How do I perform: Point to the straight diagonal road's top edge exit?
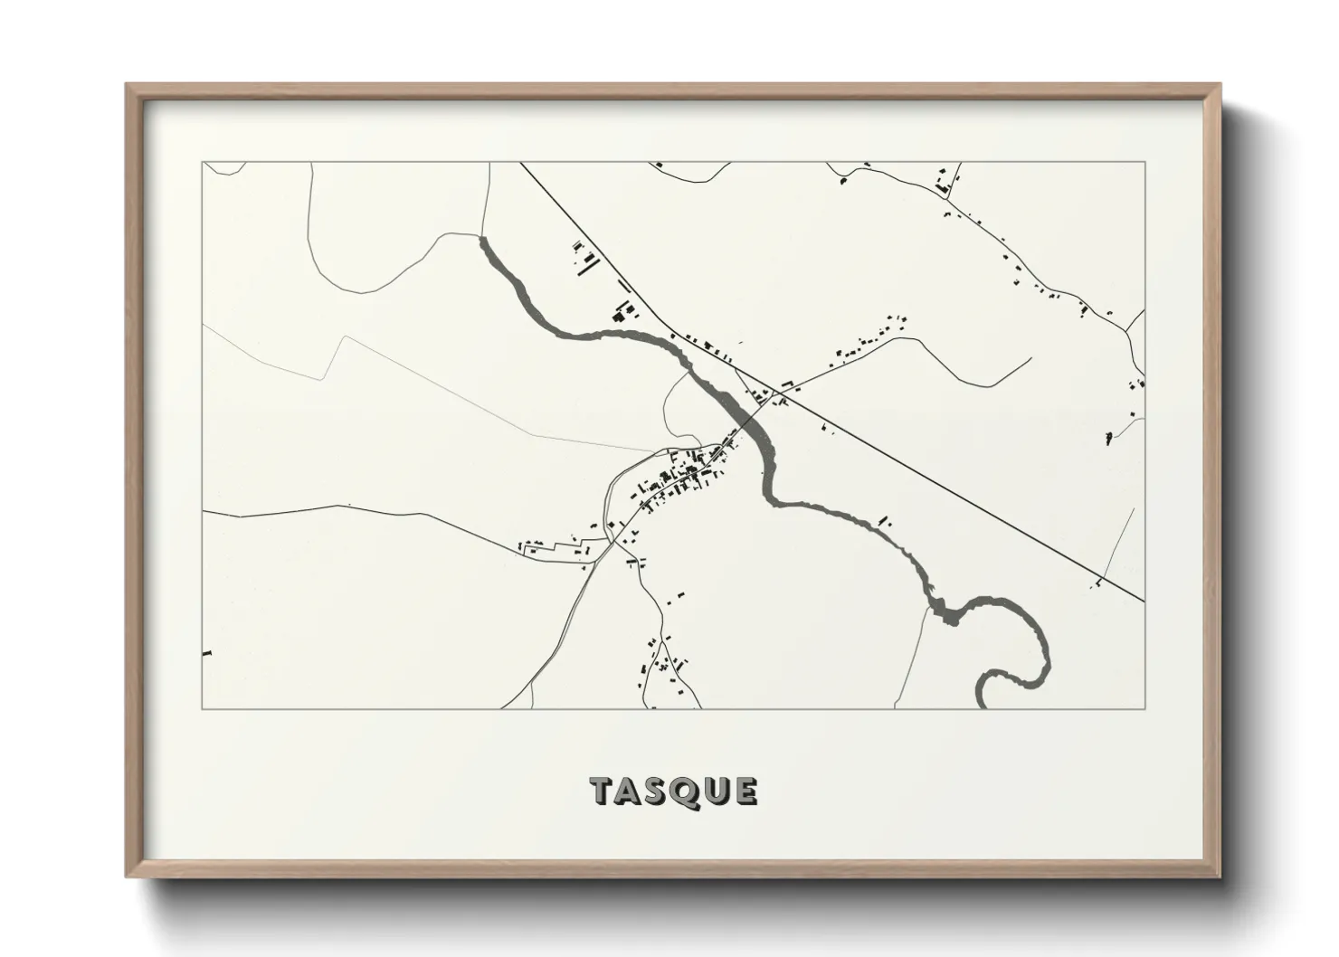pyautogui.click(x=521, y=164)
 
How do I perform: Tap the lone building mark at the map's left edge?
pyautogui.click(x=207, y=652)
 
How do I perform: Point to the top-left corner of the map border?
pyautogui.click(x=203, y=163)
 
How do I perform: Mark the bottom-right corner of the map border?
pyautogui.click(x=1144, y=708)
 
